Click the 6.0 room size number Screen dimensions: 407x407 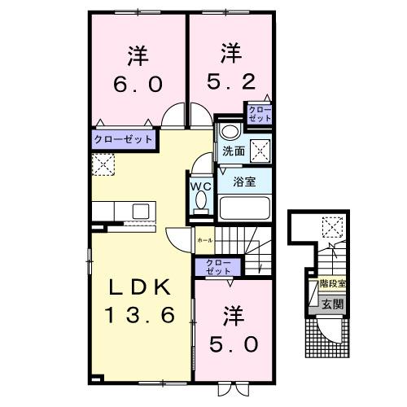(x=137, y=85)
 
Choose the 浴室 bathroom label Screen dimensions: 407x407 (x=244, y=181)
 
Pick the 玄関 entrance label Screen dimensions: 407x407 (x=331, y=305)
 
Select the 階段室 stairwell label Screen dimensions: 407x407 (x=332, y=284)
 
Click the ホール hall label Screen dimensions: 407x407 (x=204, y=241)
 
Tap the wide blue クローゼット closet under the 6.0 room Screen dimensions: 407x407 (x=123, y=140)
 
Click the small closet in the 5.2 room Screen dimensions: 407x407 (x=260, y=114)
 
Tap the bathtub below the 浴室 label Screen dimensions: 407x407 (x=244, y=208)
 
